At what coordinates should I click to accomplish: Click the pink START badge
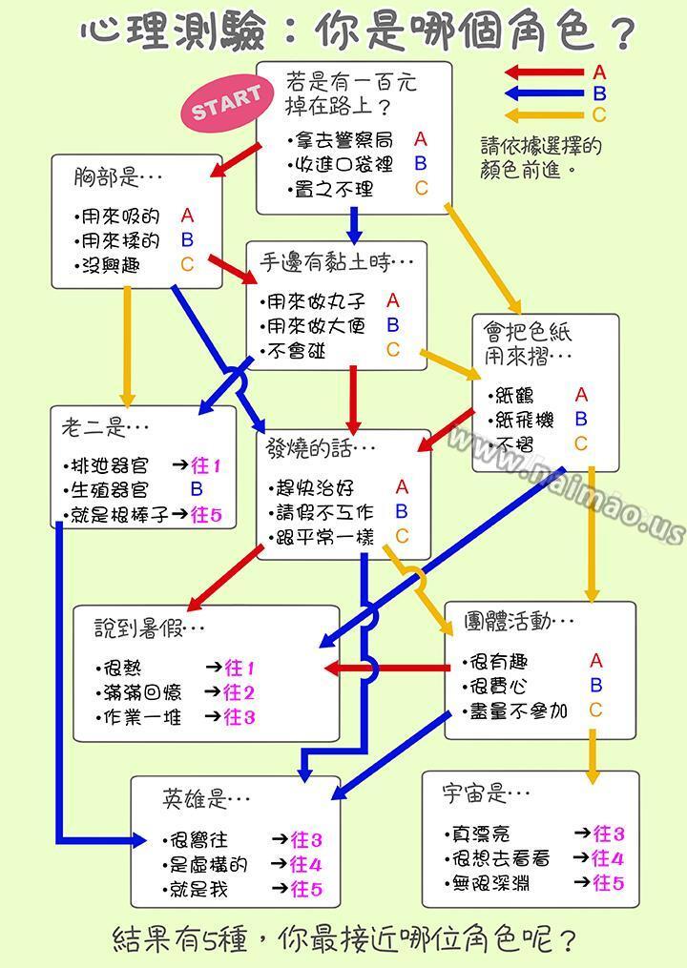pyautogui.click(x=227, y=103)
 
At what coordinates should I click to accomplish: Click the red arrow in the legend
pyautogui.click(x=544, y=72)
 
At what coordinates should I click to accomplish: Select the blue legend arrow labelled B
pyautogui.click(x=544, y=93)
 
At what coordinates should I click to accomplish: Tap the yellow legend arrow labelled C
pyautogui.click(x=544, y=114)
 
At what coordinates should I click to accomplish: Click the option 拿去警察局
pyautogui.click(x=343, y=140)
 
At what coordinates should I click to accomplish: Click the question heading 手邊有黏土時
pyautogui.click(x=325, y=263)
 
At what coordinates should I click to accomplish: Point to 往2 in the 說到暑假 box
pyautogui.click(x=239, y=692)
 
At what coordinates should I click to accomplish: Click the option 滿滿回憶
pyautogui.click(x=142, y=692)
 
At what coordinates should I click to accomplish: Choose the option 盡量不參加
pyautogui.click(x=518, y=711)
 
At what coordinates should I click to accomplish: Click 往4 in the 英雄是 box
pyautogui.click(x=306, y=864)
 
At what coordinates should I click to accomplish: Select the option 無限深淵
pyautogui.click(x=490, y=883)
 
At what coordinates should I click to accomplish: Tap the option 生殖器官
pyautogui.click(x=110, y=489)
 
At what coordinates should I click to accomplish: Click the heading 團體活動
pyautogui.click(x=508, y=621)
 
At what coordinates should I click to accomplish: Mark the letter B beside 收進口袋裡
pyautogui.click(x=421, y=164)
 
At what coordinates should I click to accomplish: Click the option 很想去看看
pyautogui.click(x=500, y=858)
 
